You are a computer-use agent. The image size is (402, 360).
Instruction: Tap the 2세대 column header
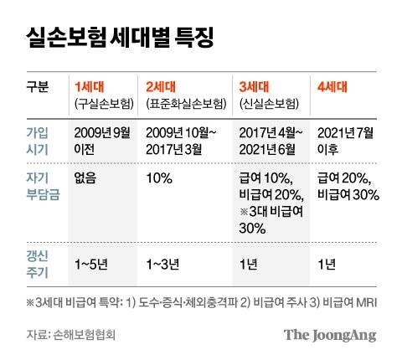click(162, 86)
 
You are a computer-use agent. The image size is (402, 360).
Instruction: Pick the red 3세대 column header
click(255, 86)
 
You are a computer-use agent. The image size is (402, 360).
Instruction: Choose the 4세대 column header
click(332, 86)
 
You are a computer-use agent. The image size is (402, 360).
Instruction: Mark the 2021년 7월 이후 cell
click(346, 140)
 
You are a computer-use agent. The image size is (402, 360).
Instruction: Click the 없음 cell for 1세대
click(85, 179)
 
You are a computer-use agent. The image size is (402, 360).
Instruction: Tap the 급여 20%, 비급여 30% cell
click(348, 187)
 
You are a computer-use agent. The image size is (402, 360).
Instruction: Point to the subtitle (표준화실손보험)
click(186, 104)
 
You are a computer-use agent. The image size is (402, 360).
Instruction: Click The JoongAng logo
click(329, 335)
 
